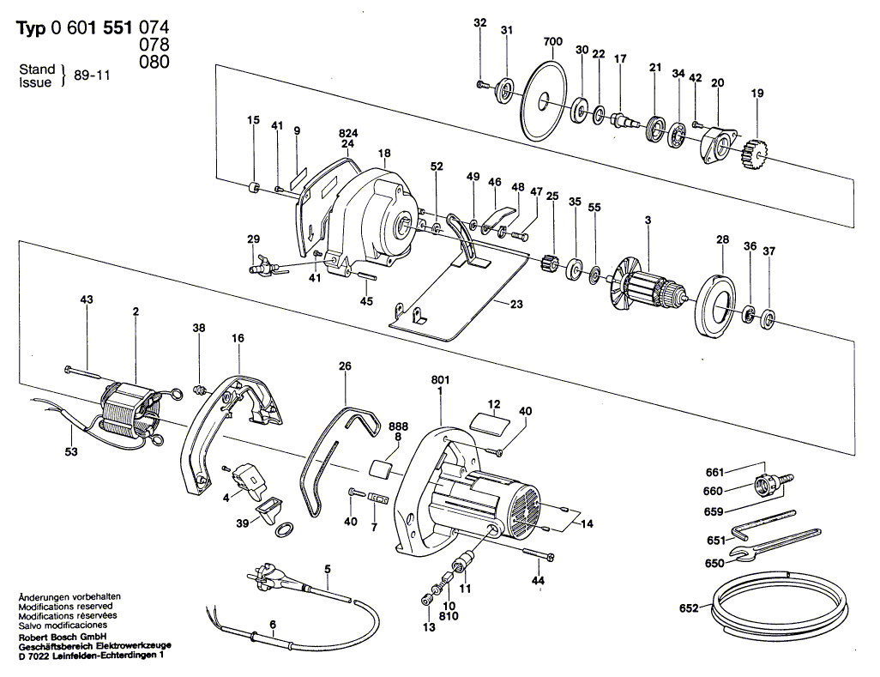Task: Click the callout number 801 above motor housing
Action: (440, 379)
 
